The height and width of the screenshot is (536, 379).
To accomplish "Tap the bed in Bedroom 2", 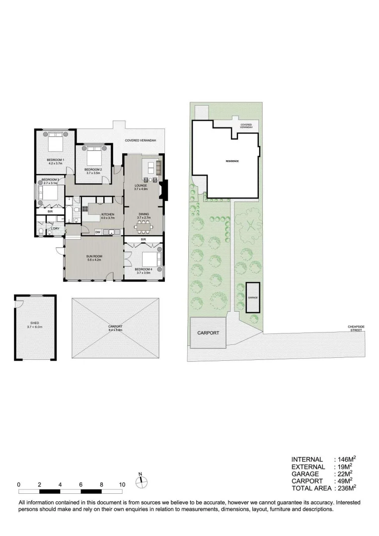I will [93, 157].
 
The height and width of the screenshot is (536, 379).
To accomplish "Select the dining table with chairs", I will [144, 226].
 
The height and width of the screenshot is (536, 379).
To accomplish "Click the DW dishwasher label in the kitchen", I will [98, 232].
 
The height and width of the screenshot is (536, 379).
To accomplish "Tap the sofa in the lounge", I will [158, 167].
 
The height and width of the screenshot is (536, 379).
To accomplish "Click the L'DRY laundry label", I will [55, 228].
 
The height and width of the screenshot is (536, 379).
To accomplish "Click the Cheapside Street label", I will [356, 328].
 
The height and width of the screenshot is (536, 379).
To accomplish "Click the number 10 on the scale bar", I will [122, 484].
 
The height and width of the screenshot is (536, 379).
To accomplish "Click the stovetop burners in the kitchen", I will [85, 208].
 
